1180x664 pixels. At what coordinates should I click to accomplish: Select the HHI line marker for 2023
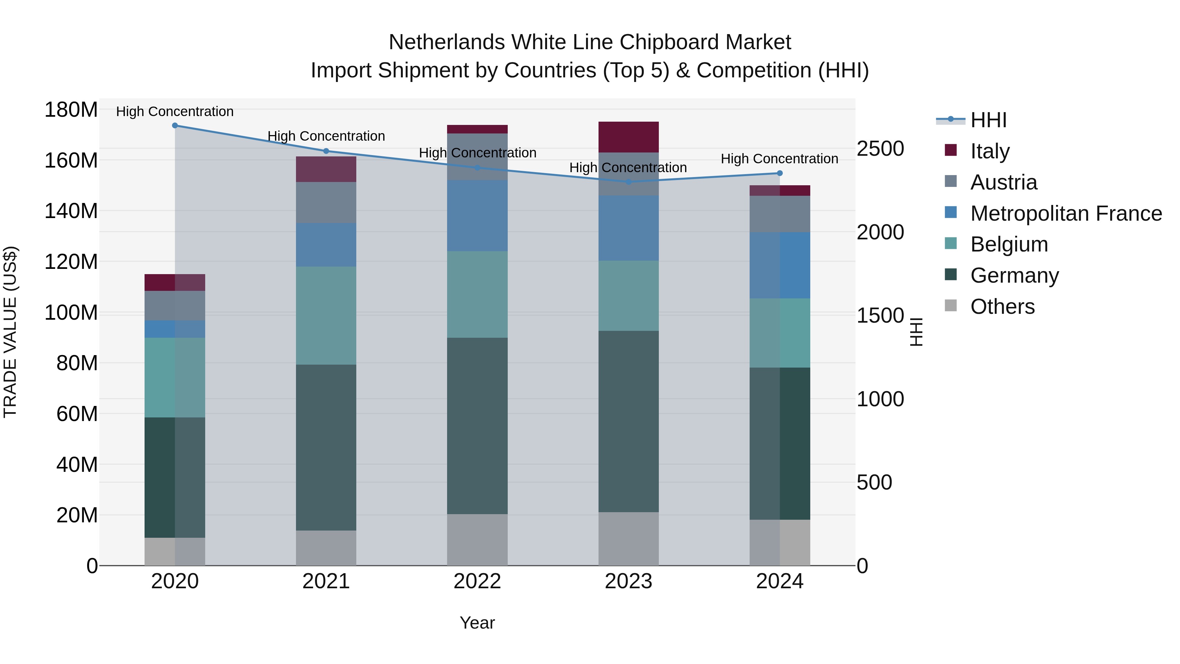[x=628, y=182]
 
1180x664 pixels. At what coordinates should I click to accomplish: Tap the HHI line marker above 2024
[x=780, y=173]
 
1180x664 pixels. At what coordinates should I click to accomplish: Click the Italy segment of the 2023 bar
[x=628, y=137]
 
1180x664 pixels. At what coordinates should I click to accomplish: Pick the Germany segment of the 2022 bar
[x=477, y=426]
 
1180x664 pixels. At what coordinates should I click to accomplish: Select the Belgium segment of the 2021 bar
[x=326, y=316]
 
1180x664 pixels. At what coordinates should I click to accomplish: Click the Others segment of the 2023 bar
[x=628, y=539]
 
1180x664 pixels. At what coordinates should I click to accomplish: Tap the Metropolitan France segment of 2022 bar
[x=477, y=216]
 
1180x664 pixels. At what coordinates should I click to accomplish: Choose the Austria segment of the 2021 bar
[x=326, y=203]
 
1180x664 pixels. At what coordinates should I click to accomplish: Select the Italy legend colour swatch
[x=951, y=150]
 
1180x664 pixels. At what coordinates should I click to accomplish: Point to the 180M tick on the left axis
[x=71, y=110]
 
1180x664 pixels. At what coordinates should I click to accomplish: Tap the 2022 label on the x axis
[x=477, y=581]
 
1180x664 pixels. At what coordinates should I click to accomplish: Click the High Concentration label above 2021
[x=326, y=136]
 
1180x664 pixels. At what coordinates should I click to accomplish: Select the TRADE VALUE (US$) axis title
[x=10, y=332]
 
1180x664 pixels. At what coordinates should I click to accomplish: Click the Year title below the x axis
[x=477, y=623]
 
